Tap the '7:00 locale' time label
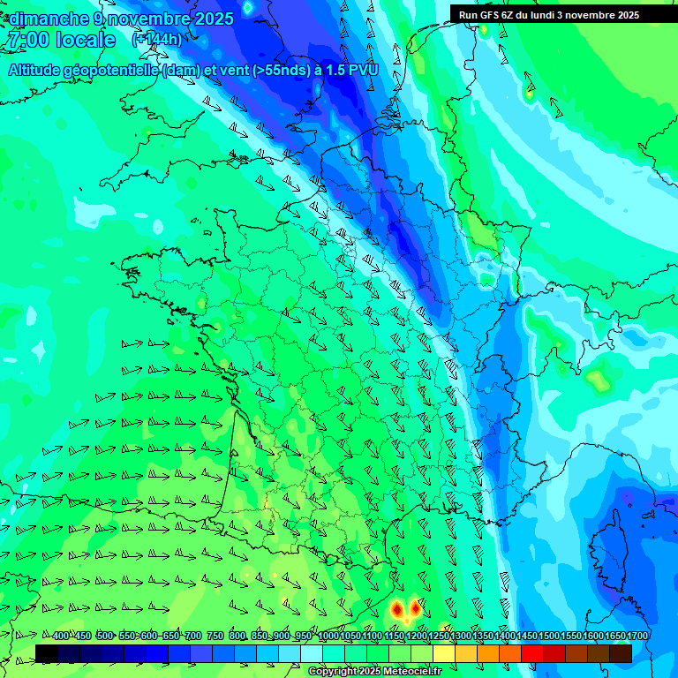[x=61, y=40]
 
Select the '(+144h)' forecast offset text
[x=157, y=40]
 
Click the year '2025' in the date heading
[x=213, y=19]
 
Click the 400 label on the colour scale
[x=60, y=637]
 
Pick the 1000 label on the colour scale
[x=328, y=637]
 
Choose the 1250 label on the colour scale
[x=439, y=637]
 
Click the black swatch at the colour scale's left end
[x=47, y=653]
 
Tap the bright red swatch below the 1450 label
[x=532, y=653]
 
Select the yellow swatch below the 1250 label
[x=444, y=653]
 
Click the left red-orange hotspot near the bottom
[x=397, y=609]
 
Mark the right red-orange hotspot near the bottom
[x=415, y=607]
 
